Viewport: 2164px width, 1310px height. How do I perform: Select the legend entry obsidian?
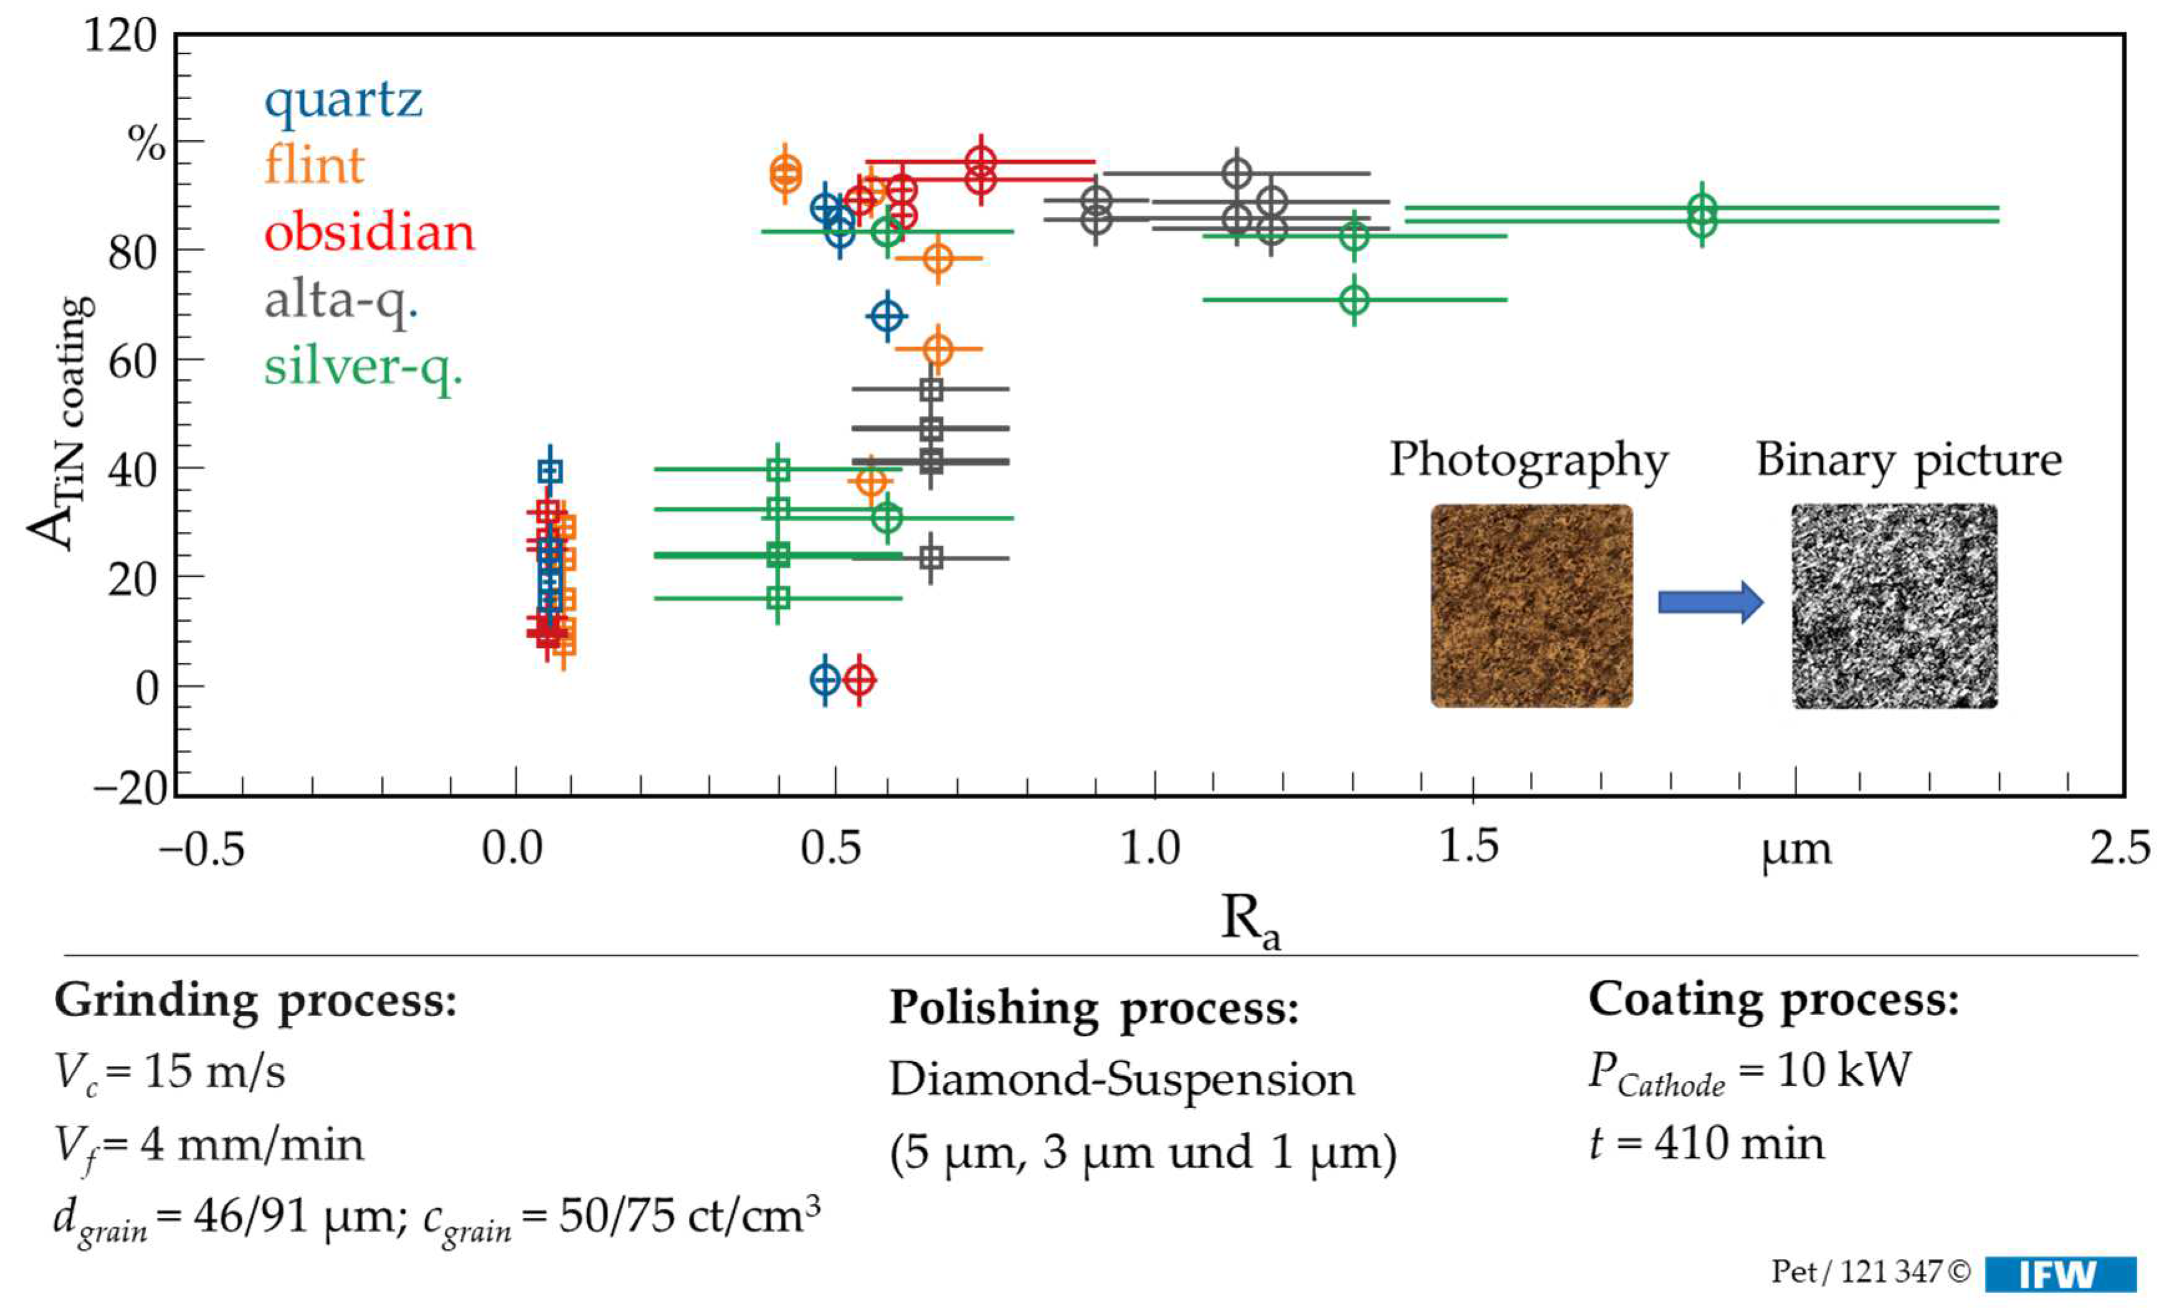(369, 233)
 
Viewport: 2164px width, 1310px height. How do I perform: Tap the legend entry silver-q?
(363, 367)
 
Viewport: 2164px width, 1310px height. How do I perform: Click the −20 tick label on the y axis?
(130, 787)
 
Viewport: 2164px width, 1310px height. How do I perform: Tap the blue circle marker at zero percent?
(825, 679)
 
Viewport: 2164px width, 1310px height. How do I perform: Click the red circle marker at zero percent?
(859, 679)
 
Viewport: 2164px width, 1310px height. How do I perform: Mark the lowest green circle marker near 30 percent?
(888, 517)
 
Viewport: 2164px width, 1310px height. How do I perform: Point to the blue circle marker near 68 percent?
(887, 315)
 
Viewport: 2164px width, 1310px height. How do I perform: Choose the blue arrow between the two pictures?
(1710, 602)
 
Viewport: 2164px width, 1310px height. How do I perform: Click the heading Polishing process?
(1093, 1007)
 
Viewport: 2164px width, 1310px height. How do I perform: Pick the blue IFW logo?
(2059, 1274)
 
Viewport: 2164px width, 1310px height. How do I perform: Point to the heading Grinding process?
(255, 1000)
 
